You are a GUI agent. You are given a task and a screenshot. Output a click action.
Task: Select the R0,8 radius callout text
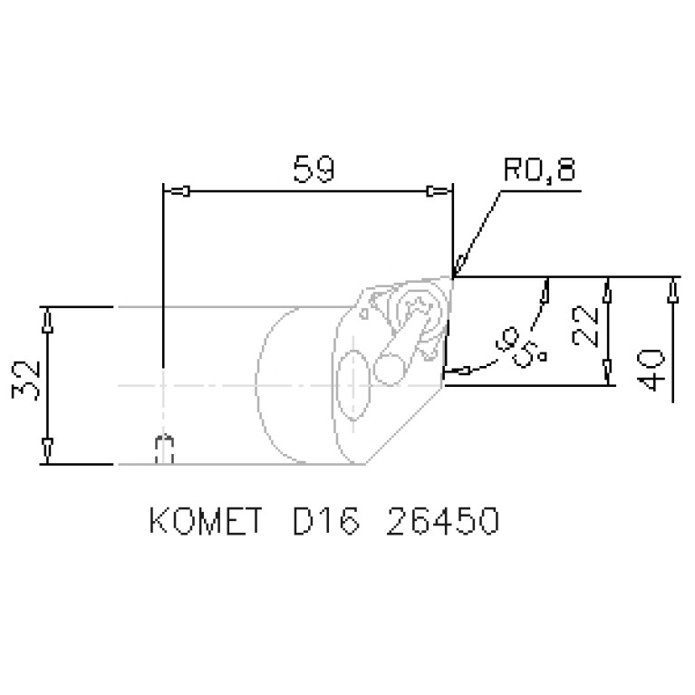[x=539, y=170]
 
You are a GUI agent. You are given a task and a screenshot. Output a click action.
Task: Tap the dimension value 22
[x=585, y=329]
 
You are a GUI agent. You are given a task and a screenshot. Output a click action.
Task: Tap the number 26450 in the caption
[x=441, y=523]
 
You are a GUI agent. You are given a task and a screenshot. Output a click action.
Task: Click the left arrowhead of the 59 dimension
[x=180, y=191]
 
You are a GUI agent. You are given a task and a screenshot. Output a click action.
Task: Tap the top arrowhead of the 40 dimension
[x=673, y=290]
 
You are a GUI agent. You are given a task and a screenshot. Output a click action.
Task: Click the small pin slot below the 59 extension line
[x=164, y=449]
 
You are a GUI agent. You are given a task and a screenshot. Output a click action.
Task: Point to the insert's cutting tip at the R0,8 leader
[x=452, y=275]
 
